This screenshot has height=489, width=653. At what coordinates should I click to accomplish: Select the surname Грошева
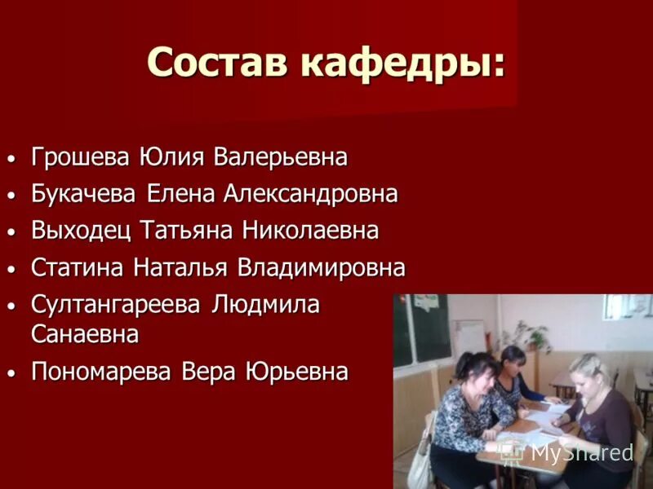click(x=80, y=156)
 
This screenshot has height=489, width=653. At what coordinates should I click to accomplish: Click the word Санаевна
click(x=85, y=334)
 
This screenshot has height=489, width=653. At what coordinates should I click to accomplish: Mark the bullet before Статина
click(x=11, y=269)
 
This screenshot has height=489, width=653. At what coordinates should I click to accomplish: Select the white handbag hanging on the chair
click(x=420, y=460)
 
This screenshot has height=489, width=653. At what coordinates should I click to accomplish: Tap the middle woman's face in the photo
click(x=514, y=361)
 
